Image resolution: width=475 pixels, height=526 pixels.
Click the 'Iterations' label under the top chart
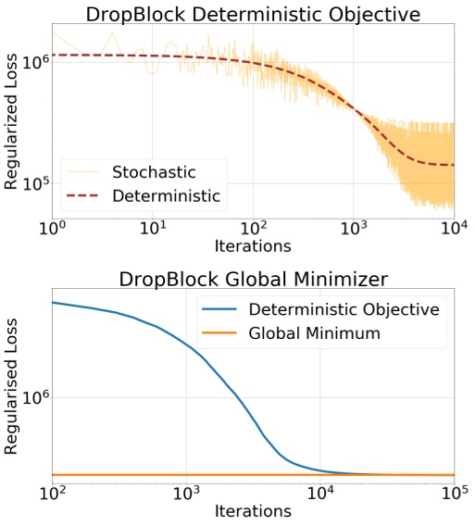coord(253,245)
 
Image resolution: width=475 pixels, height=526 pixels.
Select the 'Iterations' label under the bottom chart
coord(253,510)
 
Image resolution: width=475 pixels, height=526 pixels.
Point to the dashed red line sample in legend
coord(83,195)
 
